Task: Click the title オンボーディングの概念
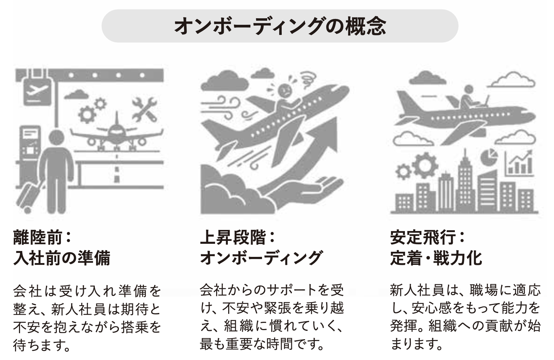(x=280, y=26)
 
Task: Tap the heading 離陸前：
(x=42, y=237)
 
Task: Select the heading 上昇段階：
(x=237, y=237)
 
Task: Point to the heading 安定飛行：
(x=428, y=237)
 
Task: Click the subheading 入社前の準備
(x=62, y=258)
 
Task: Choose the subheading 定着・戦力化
(x=436, y=258)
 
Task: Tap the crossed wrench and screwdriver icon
(x=144, y=109)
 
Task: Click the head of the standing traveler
(x=56, y=138)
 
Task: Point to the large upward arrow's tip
(x=336, y=117)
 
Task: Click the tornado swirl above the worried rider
(x=308, y=79)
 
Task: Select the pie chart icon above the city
(x=489, y=157)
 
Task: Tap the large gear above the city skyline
(x=425, y=165)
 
